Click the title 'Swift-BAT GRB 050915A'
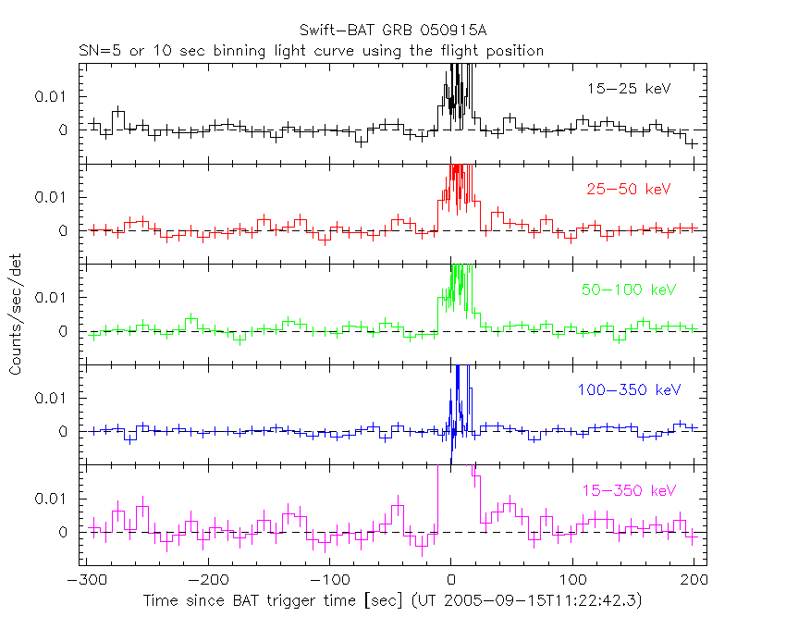click(x=393, y=31)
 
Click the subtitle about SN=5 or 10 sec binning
click(x=310, y=50)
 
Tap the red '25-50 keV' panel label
click(x=628, y=189)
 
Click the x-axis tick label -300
click(x=85, y=581)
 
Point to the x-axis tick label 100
click(x=572, y=581)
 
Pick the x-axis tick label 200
click(x=694, y=581)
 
